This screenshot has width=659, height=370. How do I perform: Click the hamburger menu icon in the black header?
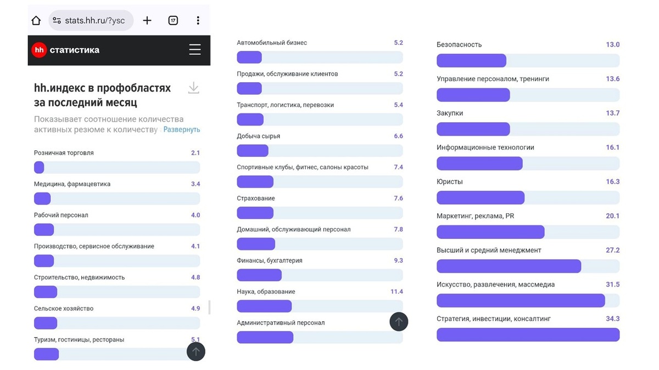(x=195, y=50)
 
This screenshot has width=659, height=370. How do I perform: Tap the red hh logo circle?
(x=39, y=50)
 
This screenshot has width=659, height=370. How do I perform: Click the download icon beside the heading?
(x=193, y=88)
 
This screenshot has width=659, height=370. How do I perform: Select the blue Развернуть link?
(x=182, y=130)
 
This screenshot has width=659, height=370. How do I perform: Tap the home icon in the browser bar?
(x=36, y=21)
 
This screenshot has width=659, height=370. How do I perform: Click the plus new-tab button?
(x=147, y=21)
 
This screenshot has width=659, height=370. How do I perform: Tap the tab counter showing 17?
(x=173, y=21)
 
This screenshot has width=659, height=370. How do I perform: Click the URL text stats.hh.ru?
(x=94, y=21)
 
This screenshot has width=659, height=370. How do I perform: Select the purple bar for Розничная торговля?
(x=39, y=167)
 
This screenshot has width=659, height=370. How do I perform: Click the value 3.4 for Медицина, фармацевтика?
(x=195, y=184)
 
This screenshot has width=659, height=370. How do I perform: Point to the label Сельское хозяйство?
(x=64, y=309)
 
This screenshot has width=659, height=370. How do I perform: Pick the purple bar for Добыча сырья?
(x=253, y=151)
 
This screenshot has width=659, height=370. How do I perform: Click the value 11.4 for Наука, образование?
(x=396, y=292)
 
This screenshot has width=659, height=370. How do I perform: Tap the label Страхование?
(x=256, y=198)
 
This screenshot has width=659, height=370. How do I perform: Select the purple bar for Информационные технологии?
(x=479, y=163)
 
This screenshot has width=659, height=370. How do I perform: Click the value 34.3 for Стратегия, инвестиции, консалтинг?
(x=612, y=318)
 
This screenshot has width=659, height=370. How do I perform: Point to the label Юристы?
(x=450, y=181)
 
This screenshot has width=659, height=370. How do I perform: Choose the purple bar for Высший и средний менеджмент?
(x=509, y=266)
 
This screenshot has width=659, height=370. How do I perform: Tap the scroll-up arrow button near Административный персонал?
(x=399, y=322)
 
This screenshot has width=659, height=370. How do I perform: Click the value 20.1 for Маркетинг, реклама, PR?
(x=612, y=216)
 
